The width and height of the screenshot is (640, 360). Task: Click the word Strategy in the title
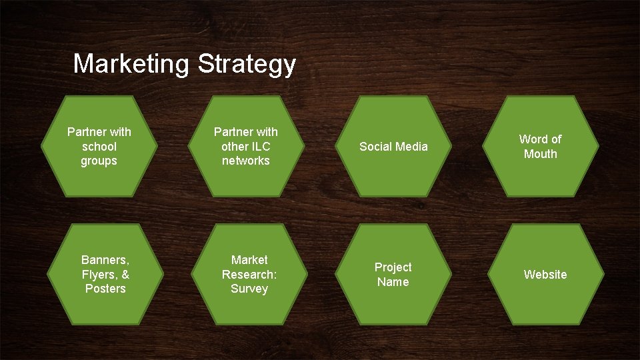(x=247, y=65)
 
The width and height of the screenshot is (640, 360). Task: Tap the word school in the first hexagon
(x=99, y=147)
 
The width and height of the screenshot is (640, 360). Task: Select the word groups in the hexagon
(x=99, y=161)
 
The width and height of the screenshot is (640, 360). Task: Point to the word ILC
(x=260, y=147)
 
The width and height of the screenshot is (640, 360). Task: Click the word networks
(x=246, y=161)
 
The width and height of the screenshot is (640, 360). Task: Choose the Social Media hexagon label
(x=393, y=147)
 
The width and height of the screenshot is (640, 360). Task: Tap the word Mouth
(x=540, y=154)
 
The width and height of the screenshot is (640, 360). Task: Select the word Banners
(x=105, y=260)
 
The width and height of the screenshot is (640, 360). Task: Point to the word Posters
(x=105, y=289)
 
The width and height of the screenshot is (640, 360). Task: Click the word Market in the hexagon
(x=249, y=260)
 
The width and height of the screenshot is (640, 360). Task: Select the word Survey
(x=249, y=289)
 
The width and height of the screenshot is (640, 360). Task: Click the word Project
(x=393, y=267)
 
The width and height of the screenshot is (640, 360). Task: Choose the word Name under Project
(x=393, y=282)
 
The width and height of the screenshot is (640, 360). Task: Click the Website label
(x=545, y=275)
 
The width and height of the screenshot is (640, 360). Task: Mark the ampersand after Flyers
(x=125, y=275)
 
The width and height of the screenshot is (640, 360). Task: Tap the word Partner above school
(x=99, y=132)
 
